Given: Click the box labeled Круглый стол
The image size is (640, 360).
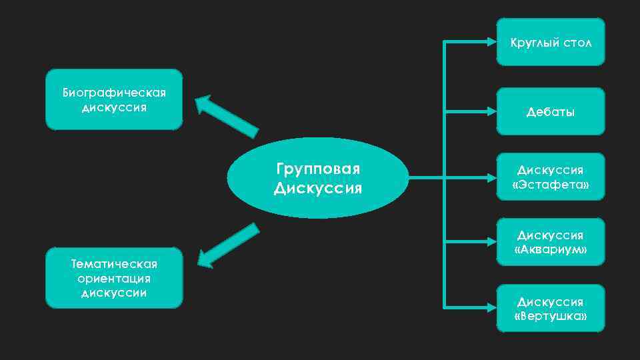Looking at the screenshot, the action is pos(551,42).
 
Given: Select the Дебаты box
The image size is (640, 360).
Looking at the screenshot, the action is pos(551,111).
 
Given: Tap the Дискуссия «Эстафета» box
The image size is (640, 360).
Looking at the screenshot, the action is pos(551,177).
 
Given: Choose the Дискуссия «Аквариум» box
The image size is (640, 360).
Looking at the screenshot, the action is pos(551,242).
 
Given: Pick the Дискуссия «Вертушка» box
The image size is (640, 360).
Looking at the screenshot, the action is pos(551,308).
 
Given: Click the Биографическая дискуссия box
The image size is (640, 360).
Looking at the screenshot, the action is pos(114,99).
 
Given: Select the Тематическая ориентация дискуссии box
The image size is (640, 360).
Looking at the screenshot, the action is pos(114,277).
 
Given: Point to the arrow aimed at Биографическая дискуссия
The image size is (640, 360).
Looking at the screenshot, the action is pos(225,115).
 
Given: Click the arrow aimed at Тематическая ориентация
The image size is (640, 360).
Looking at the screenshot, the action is pos(227,246).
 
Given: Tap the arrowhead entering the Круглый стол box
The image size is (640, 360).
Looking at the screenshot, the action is pos(491,42).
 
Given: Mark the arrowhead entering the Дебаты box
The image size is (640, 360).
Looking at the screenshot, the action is pos(491,111).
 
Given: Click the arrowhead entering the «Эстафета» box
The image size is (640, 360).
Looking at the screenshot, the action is pos(491,177).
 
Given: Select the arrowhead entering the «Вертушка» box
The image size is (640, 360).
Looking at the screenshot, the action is pos(491,308).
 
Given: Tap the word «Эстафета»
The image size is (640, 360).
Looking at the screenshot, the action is pos(551,183).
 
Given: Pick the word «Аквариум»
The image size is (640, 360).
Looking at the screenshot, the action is pos(551,249).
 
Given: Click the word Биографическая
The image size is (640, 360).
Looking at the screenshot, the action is pos(114,92).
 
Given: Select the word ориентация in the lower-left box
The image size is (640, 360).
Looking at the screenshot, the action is pos(114,278).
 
